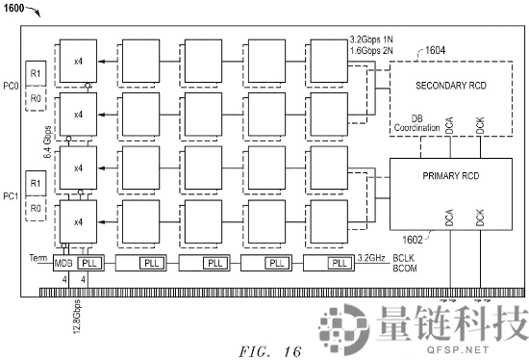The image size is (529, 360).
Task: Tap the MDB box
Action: tap(63, 263)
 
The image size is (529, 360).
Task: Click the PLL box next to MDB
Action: tap(88, 263)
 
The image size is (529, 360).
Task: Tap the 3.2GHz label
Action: tap(372, 259)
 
